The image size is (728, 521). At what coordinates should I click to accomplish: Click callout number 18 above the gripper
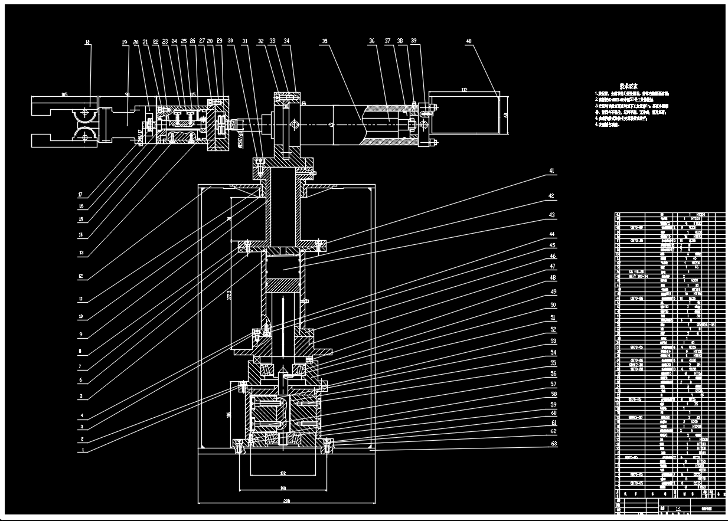[88, 42]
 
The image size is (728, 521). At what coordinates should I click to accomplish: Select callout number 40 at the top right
[468, 42]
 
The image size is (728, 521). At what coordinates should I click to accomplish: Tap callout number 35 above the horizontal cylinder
[324, 42]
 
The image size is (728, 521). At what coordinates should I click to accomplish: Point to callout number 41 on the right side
[551, 171]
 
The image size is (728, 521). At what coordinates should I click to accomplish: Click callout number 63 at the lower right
[553, 443]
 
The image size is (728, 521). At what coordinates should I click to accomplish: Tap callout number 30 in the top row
[230, 41]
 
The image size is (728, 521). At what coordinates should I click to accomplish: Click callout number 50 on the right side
[553, 305]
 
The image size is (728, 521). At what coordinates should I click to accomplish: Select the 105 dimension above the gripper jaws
[64, 95]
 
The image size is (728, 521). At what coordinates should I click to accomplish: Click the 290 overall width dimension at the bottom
[286, 502]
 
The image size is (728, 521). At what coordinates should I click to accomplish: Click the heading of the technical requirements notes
[628, 86]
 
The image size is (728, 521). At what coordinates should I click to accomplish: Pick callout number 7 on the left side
[81, 365]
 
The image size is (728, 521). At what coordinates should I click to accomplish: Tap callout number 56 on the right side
[553, 373]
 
